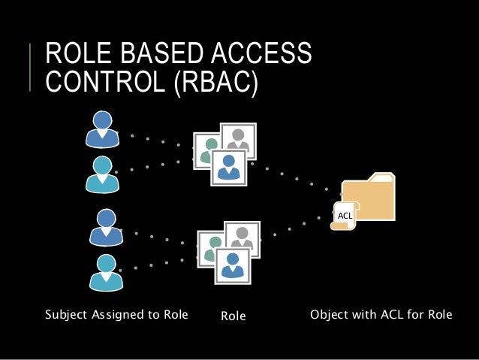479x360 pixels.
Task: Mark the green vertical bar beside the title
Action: pyautogui.click(x=32, y=68)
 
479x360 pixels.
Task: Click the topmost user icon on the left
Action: pyautogui.click(x=103, y=129)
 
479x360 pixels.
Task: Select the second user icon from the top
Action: pyautogui.click(x=103, y=174)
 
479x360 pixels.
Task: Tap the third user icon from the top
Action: pyautogui.click(x=106, y=226)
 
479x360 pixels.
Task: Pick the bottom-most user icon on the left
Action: pyautogui.click(x=106, y=271)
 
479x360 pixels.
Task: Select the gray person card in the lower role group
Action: pyautogui.click(x=243, y=237)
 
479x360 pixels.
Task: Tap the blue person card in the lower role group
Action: pyautogui.click(x=232, y=263)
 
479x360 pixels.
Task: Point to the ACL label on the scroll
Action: pyautogui.click(x=345, y=216)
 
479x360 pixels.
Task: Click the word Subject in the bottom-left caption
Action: pyautogui.click(x=67, y=314)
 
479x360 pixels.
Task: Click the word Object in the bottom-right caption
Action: pyautogui.click(x=330, y=314)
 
